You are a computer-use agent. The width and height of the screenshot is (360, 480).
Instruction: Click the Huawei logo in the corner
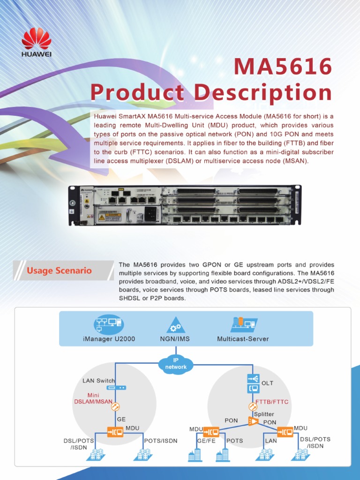pos(36,41)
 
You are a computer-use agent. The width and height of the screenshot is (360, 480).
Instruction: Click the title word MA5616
pos(283,67)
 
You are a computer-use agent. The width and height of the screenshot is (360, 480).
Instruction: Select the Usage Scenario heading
pos(59,270)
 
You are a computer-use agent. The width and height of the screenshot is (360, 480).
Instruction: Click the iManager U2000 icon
pos(108,324)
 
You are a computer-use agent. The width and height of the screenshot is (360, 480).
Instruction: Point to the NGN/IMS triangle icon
pos(175,324)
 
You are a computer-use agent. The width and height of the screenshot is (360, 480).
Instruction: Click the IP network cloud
pos(176,363)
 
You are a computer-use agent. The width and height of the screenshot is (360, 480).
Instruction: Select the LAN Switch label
pos(98,381)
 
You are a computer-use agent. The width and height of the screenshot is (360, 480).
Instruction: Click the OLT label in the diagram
pos(267,383)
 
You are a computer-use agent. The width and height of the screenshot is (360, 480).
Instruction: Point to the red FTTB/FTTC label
pos(272,402)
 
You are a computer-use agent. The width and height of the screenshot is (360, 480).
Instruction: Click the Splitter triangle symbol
pos(253,421)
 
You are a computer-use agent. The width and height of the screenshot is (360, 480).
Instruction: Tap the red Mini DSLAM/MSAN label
pos(93,398)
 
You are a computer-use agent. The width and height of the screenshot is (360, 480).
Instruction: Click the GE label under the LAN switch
pos(121,419)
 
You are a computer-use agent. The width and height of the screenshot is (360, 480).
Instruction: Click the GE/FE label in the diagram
pos(206,441)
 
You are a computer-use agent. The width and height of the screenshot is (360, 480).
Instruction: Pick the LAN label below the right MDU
pos(271,441)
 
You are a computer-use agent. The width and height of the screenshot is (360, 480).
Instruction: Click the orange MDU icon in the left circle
pos(115,432)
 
